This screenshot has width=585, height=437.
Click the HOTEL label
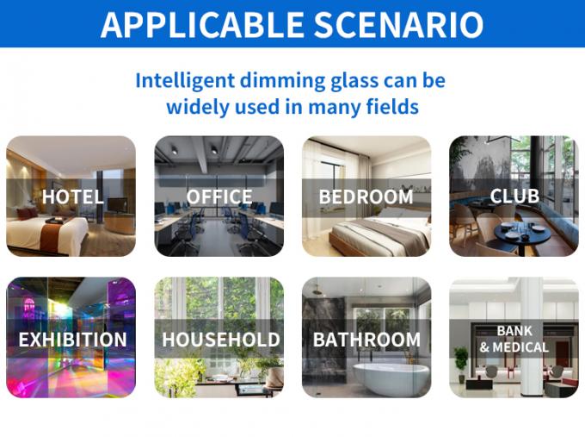(72, 197)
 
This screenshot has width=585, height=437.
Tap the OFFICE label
(219, 197)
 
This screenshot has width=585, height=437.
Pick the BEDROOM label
(366, 197)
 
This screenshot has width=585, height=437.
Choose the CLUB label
(514, 197)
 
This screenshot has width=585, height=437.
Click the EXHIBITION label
(72, 339)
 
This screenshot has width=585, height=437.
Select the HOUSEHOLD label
(220, 339)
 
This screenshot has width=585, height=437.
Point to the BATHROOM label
(366, 339)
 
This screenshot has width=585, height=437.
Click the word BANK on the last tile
(514, 330)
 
